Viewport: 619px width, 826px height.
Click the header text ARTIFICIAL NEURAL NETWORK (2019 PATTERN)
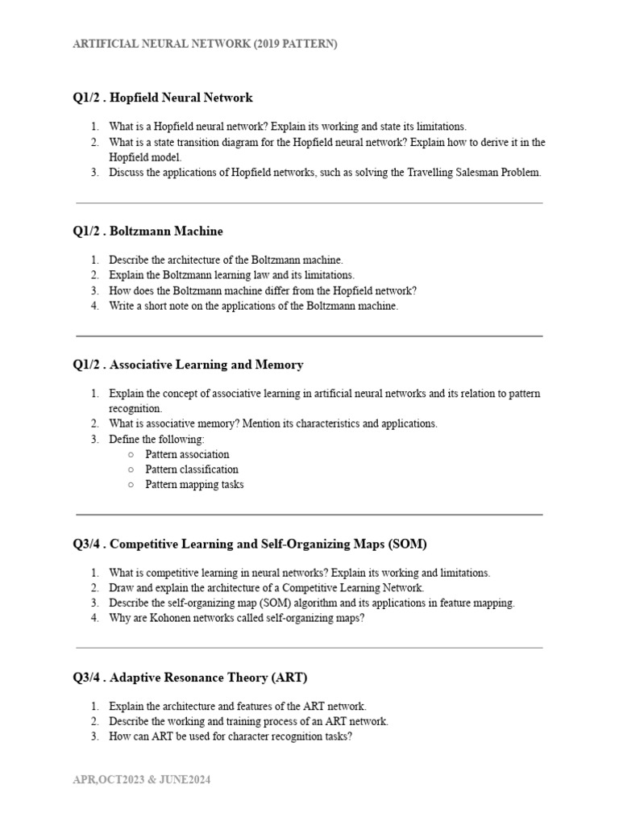(x=205, y=44)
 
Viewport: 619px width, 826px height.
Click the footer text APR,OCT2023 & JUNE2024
(x=142, y=780)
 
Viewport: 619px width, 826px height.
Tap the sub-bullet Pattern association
(x=187, y=454)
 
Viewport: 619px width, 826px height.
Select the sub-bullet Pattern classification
(x=192, y=469)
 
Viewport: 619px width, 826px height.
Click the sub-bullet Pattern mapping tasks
(x=194, y=485)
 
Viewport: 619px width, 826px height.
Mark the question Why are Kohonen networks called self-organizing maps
(x=237, y=618)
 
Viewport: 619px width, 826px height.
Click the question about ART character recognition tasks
(x=231, y=736)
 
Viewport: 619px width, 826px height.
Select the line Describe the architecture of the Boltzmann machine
(x=226, y=260)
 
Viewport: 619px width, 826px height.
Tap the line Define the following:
(x=157, y=439)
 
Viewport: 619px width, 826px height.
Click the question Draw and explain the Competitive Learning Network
(x=267, y=588)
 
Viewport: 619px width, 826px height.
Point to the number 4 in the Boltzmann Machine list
(x=94, y=306)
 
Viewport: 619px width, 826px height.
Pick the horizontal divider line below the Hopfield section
(x=309, y=203)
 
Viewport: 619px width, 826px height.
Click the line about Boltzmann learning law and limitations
(x=232, y=275)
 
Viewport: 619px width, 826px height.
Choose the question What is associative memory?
(x=273, y=423)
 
